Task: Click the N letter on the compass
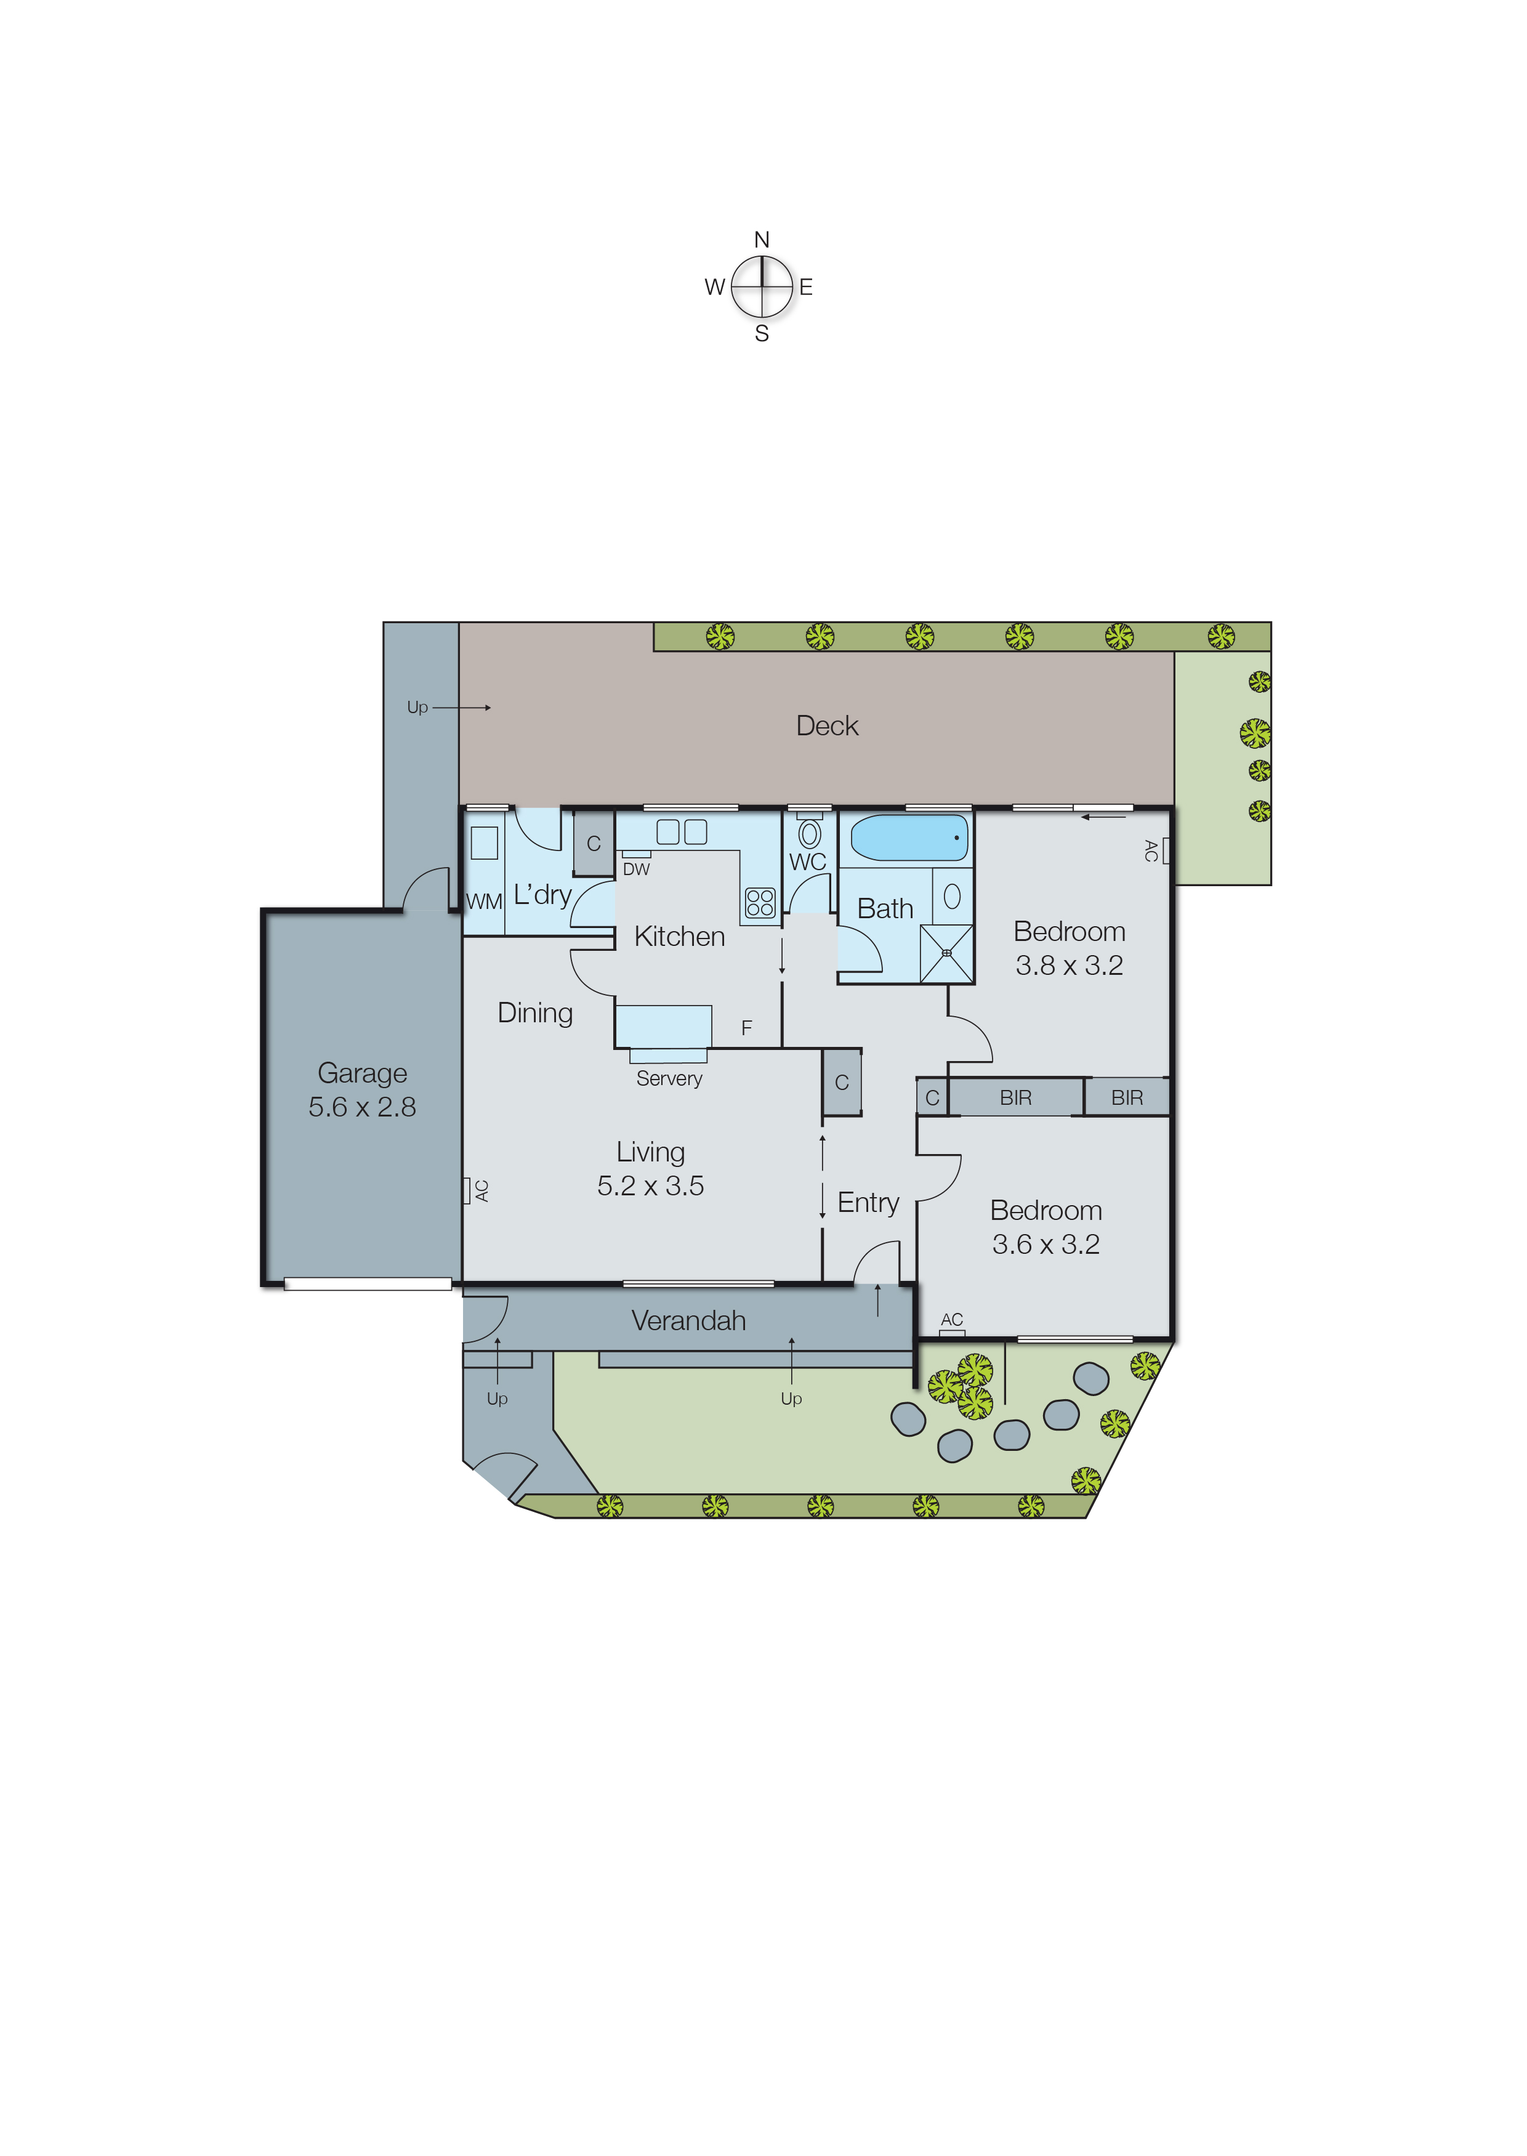coord(762,240)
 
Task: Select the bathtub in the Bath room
coord(908,838)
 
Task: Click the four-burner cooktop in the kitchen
coord(760,903)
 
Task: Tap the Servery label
coord(669,1078)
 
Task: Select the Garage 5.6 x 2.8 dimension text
coord(362,1107)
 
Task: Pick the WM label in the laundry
coord(484,902)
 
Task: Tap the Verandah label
coord(688,1320)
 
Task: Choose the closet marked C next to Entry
coord(842,1083)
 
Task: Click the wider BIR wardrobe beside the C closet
coord(1015,1097)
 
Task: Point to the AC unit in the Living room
coord(466,1190)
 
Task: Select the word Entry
coord(868,1203)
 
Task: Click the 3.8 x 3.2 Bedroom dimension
coord(1069,966)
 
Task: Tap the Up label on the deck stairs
coord(417,707)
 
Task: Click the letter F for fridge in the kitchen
coord(747,1028)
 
